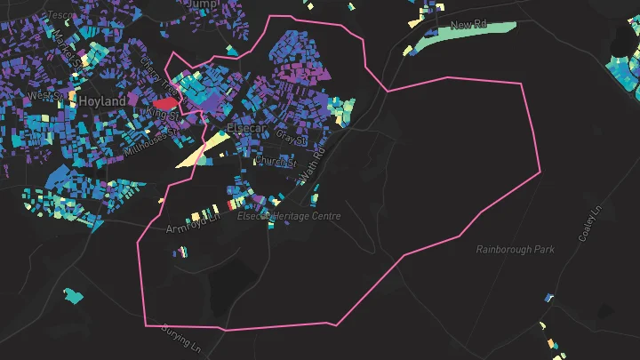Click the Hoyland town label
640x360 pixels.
pos(102,102)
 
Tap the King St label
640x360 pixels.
pos(163,114)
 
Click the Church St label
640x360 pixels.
pos(274,162)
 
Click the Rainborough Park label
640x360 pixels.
pos(515,250)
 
